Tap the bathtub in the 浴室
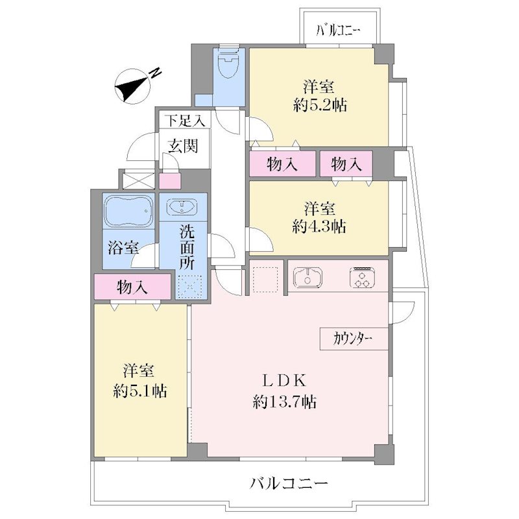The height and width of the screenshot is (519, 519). tap(128, 211)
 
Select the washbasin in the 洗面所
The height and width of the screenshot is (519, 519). tap(182, 207)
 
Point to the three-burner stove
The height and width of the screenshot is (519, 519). tap(363, 277)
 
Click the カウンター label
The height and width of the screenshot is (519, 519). tap(354, 339)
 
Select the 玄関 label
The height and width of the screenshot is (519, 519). tap(183, 145)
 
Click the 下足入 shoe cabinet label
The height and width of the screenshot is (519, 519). tap(185, 121)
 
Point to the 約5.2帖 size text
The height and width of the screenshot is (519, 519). tap(320, 105)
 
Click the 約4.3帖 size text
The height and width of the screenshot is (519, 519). tap(319, 226)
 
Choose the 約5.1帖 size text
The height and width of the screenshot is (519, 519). tap(140, 391)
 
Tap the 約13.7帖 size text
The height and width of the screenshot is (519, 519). tap(285, 402)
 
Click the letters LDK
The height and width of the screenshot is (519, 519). tap(284, 381)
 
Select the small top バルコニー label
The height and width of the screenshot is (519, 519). tap(338, 30)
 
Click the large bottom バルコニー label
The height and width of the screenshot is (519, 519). tap(288, 483)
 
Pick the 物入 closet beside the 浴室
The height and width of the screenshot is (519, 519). tap(132, 287)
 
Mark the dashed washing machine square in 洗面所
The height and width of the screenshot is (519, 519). tap(190, 286)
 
